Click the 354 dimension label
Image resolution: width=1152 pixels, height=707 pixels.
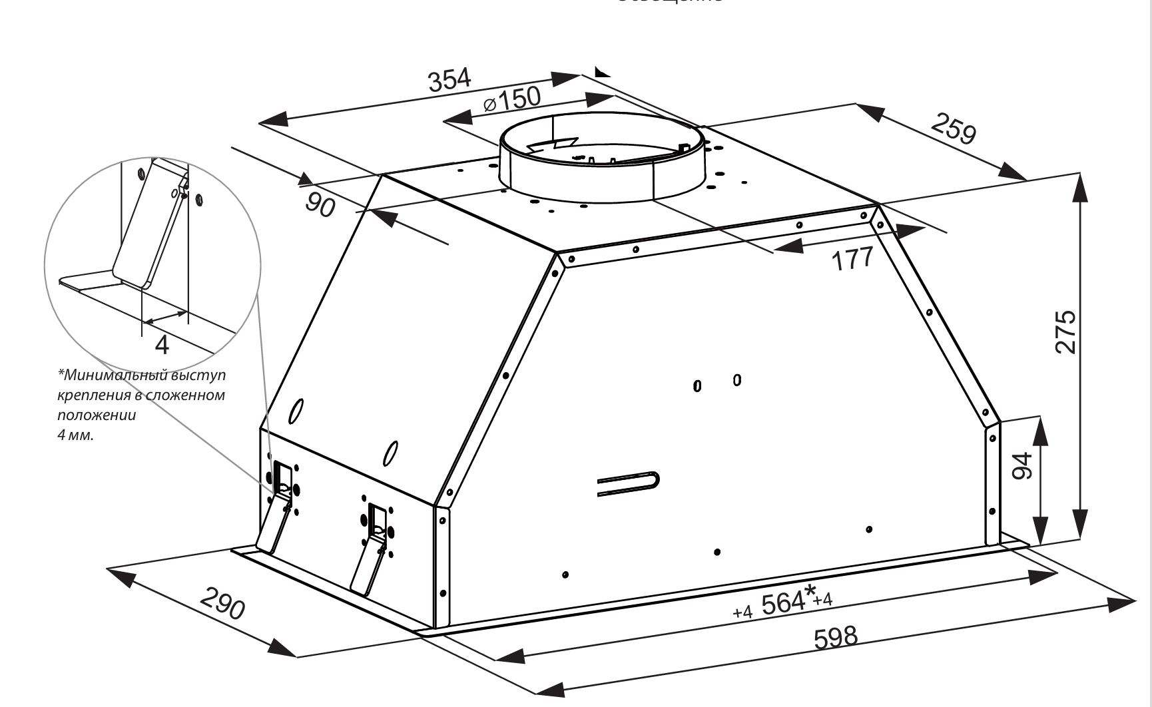(x=449, y=80)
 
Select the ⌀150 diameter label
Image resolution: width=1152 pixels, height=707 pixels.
(x=512, y=101)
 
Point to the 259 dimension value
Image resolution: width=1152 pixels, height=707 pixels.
(x=954, y=129)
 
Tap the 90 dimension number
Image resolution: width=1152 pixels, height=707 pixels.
(x=320, y=204)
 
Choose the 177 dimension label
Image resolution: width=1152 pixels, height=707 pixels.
(x=853, y=258)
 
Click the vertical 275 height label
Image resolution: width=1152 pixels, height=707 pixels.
(x=1065, y=331)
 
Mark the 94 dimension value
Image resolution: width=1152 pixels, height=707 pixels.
(x=1022, y=465)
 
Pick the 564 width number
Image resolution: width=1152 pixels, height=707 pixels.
(x=783, y=603)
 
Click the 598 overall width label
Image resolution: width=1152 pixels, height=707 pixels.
(x=836, y=637)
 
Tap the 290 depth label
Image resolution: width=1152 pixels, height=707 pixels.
(x=222, y=602)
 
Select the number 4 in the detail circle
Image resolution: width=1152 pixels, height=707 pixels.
(x=162, y=345)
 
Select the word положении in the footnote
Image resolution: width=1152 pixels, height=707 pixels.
(x=97, y=415)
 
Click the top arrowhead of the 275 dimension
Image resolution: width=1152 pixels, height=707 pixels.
(x=1079, y=186)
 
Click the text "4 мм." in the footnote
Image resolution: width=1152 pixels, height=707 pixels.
(x=75, y=436)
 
